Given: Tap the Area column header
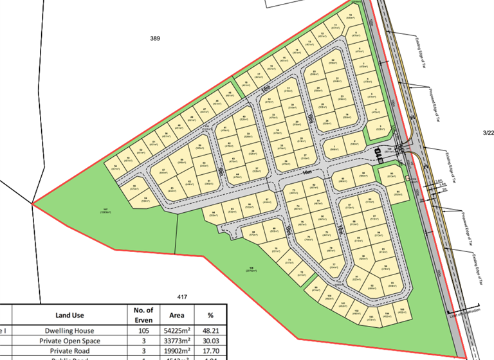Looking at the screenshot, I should click(x=176, y=316).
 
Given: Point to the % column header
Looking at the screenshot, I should click(x=210, y=316).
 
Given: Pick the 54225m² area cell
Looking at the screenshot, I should click(x=176, y=330).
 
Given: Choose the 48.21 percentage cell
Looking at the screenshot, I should click(x=210, y=330).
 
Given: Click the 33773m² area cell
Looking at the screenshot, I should click(x=176, y=341).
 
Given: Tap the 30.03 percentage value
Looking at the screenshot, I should click(x=210, y=341).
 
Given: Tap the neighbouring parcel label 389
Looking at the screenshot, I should click(x=154, y=39).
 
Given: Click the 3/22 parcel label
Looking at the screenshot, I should click(x=488, y=132).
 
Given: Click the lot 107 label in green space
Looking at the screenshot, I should click(x=105, y=210).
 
